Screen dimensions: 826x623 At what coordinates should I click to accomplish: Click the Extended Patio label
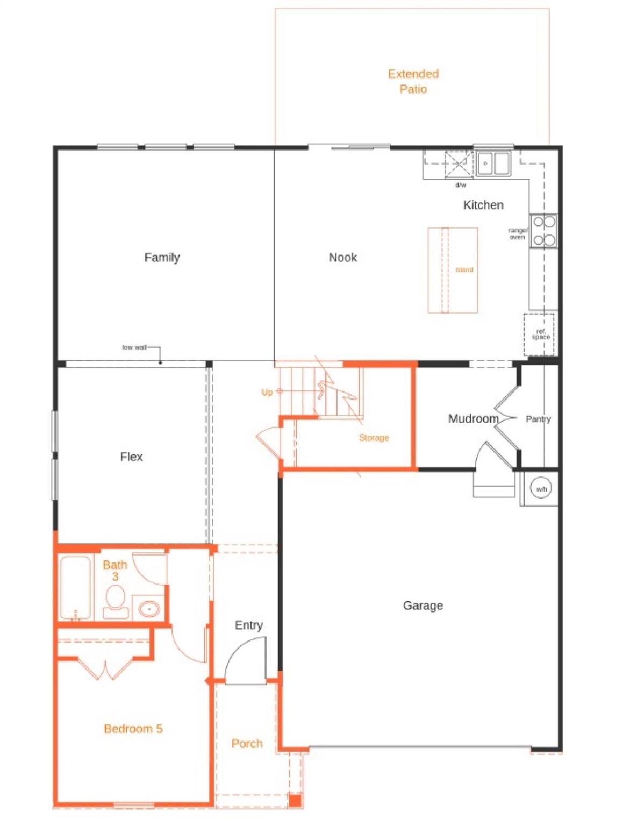coord(413,81)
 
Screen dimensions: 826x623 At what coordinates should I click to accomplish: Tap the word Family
coord(162,258)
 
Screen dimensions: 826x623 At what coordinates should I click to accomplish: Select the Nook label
coord(342,258)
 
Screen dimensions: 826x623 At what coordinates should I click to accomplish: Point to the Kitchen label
coord(483,205)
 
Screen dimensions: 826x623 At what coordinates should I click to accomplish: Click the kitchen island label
coord(464,269)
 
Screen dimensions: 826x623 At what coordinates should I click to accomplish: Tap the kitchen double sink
coord(493,163)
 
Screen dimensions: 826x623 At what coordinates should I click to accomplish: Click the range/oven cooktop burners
coord(543,231)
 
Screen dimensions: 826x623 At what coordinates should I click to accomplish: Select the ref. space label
coord(540,334)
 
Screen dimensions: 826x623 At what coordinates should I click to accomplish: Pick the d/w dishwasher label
coord(461,185)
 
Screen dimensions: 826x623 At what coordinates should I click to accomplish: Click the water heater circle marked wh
coord(541,489)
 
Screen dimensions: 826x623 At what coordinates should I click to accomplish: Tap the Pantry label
coord(538,419)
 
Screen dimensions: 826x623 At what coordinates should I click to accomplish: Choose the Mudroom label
coord(473,418)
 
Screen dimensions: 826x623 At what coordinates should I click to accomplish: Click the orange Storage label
coord(374,438)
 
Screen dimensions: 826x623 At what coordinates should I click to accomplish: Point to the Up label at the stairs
coord(267,393)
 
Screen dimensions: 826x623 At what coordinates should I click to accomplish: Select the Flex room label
coord(131,457)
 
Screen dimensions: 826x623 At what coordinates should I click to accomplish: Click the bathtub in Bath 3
coord(75,588)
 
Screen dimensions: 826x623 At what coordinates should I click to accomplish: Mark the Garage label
coord(423,606)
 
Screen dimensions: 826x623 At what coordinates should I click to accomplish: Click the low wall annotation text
coord(134,347)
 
